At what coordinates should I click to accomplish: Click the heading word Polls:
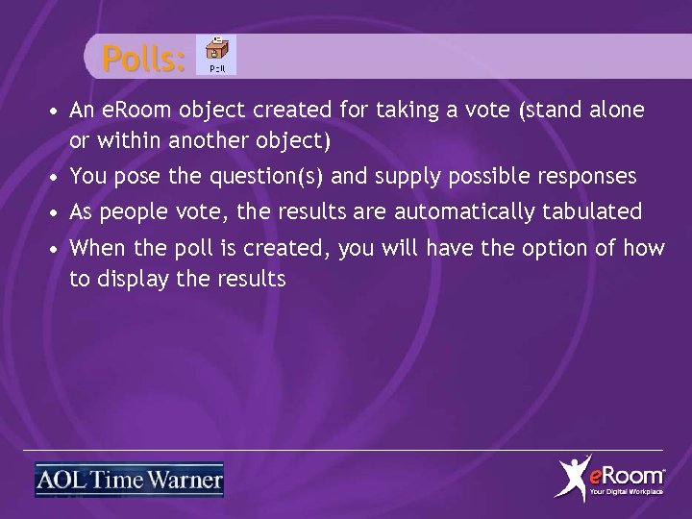pos(143,60)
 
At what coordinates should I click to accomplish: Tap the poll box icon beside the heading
pos(218,55)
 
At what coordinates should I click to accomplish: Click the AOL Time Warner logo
pos(129,479)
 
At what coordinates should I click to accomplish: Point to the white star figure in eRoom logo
pos(575,478)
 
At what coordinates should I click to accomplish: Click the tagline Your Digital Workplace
pos(626,492)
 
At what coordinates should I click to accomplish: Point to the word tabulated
pos(597,211)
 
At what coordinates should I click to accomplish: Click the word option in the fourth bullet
pos(555,248)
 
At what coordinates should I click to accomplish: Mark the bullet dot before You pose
pos(58,177)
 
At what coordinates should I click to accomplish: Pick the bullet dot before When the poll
pos(58,249)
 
